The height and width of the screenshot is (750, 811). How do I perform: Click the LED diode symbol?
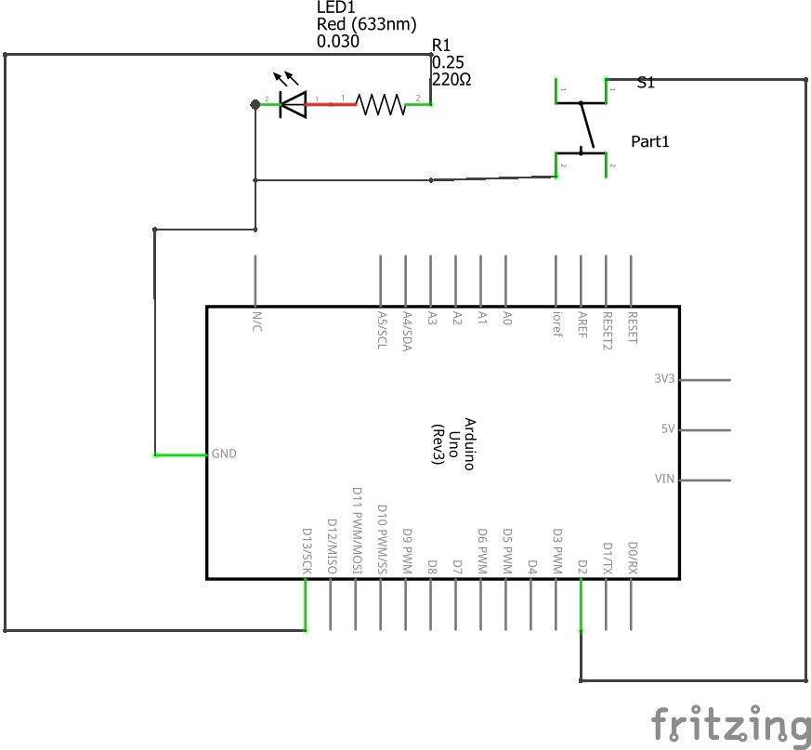coord(293,104)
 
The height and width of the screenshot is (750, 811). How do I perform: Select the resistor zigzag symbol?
coord(382,104)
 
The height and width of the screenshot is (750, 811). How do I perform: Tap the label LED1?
coord(336,8)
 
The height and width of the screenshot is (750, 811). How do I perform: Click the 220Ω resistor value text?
coord(451,80)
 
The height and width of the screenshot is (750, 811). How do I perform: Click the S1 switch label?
coord(646,83)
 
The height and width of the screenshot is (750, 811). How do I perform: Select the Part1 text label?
coord(650,142)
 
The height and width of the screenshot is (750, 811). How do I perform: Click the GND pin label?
coord(224,454)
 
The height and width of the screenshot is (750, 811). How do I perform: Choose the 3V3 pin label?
coord(664,379)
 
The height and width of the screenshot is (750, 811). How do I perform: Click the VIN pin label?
coord(664,480)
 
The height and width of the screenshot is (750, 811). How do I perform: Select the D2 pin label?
coord(582,566)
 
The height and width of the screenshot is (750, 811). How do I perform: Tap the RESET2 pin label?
coord(608,327)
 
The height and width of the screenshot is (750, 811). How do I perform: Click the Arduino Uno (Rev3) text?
coord(455,443)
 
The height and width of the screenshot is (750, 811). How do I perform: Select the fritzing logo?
coord(730,724)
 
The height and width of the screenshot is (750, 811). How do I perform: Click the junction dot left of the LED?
coord(255,104)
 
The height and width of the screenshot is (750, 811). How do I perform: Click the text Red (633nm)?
coord(367,24)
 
